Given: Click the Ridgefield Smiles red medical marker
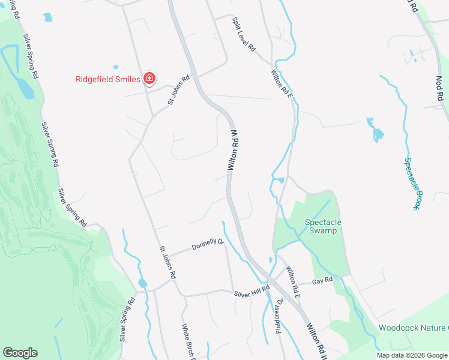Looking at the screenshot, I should (x=149, y=79).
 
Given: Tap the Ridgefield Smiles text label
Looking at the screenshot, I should (x=108, y=79).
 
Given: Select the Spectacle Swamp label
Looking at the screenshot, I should (x=323, y=227).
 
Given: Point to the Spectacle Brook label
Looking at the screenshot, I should (x=411, y=183).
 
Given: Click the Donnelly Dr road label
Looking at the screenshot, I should (x=208, y=245).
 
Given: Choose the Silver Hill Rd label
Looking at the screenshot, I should (x=253, y=291).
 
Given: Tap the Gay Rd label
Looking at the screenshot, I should (x=322, y=281).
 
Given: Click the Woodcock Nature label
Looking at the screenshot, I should (x=414, y=328).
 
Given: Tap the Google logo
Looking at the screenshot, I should (x=20, y=353).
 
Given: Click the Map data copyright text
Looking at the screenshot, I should (x=412, y=355).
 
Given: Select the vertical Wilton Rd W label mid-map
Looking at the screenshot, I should (x=235, y=149).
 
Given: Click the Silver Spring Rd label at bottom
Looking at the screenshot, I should (x=127, y=319).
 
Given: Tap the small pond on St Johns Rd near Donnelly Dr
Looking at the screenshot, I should (x=142, y=283).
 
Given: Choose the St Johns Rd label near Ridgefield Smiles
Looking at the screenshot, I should (x=179, y=90).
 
